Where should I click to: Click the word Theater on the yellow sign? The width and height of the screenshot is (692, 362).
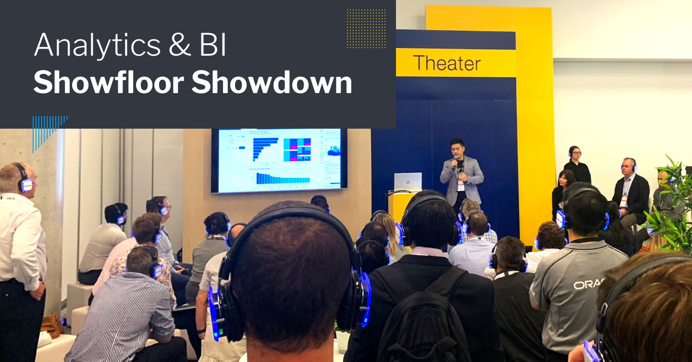pyautogui.click(x=446, y=63)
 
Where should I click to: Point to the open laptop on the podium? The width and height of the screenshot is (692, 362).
pyautogui.click(x=408, y=182)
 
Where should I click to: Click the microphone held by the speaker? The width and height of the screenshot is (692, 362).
pyautogui.click(x=455, y=161)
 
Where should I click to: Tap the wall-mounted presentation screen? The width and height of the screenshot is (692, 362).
pyautogui.click(x=279, y=160)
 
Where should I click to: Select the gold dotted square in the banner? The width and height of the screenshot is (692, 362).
pyautogui.click(x=366, y=28)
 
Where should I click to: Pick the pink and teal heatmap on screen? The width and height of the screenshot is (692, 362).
pyautogui.click(x=297, y=149)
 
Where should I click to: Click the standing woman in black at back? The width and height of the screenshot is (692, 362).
pyautogui.click(x=577, y=166)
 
